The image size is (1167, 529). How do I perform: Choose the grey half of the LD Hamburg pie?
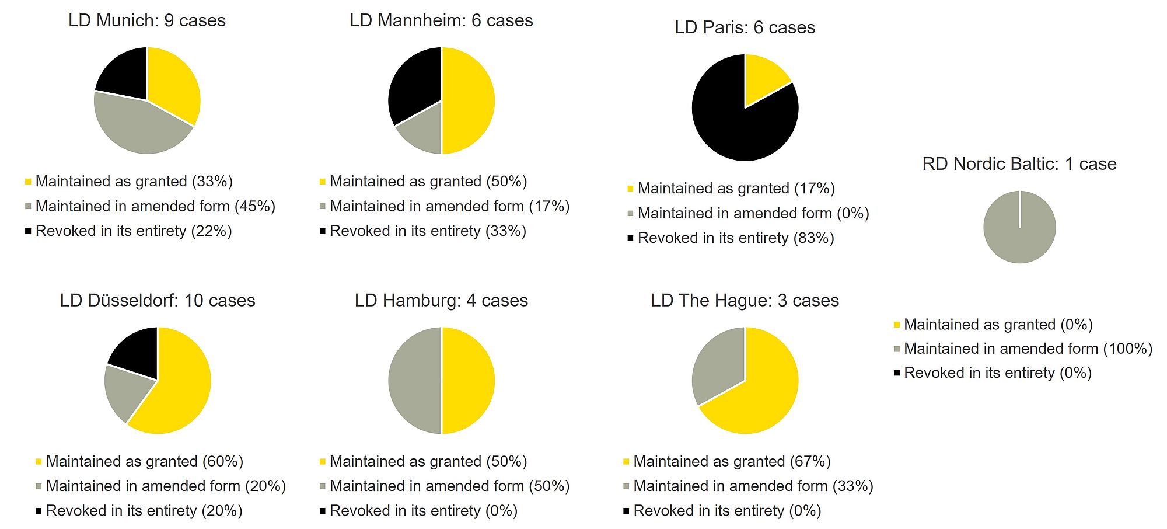(414, 381)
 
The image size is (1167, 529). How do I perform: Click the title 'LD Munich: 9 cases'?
(147, 20)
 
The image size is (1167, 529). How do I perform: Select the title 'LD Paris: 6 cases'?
(745, 27)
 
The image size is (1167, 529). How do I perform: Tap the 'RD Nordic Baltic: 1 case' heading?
(1019, 164)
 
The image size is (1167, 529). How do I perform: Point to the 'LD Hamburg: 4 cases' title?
(441, 301)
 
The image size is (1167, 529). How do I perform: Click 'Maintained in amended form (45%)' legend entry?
(155, 206)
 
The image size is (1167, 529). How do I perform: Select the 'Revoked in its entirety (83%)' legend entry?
(736, 238)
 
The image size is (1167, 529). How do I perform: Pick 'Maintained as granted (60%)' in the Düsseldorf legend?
(145, 461)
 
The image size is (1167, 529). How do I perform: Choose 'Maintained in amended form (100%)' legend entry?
(1028, 349)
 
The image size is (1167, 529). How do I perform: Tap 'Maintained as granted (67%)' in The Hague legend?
(732, 461)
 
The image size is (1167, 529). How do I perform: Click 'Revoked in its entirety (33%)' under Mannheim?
(428, 231)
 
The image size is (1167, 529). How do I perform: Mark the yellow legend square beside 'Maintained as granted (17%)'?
(630, 189)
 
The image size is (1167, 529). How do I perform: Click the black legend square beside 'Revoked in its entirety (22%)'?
(28, 231)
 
